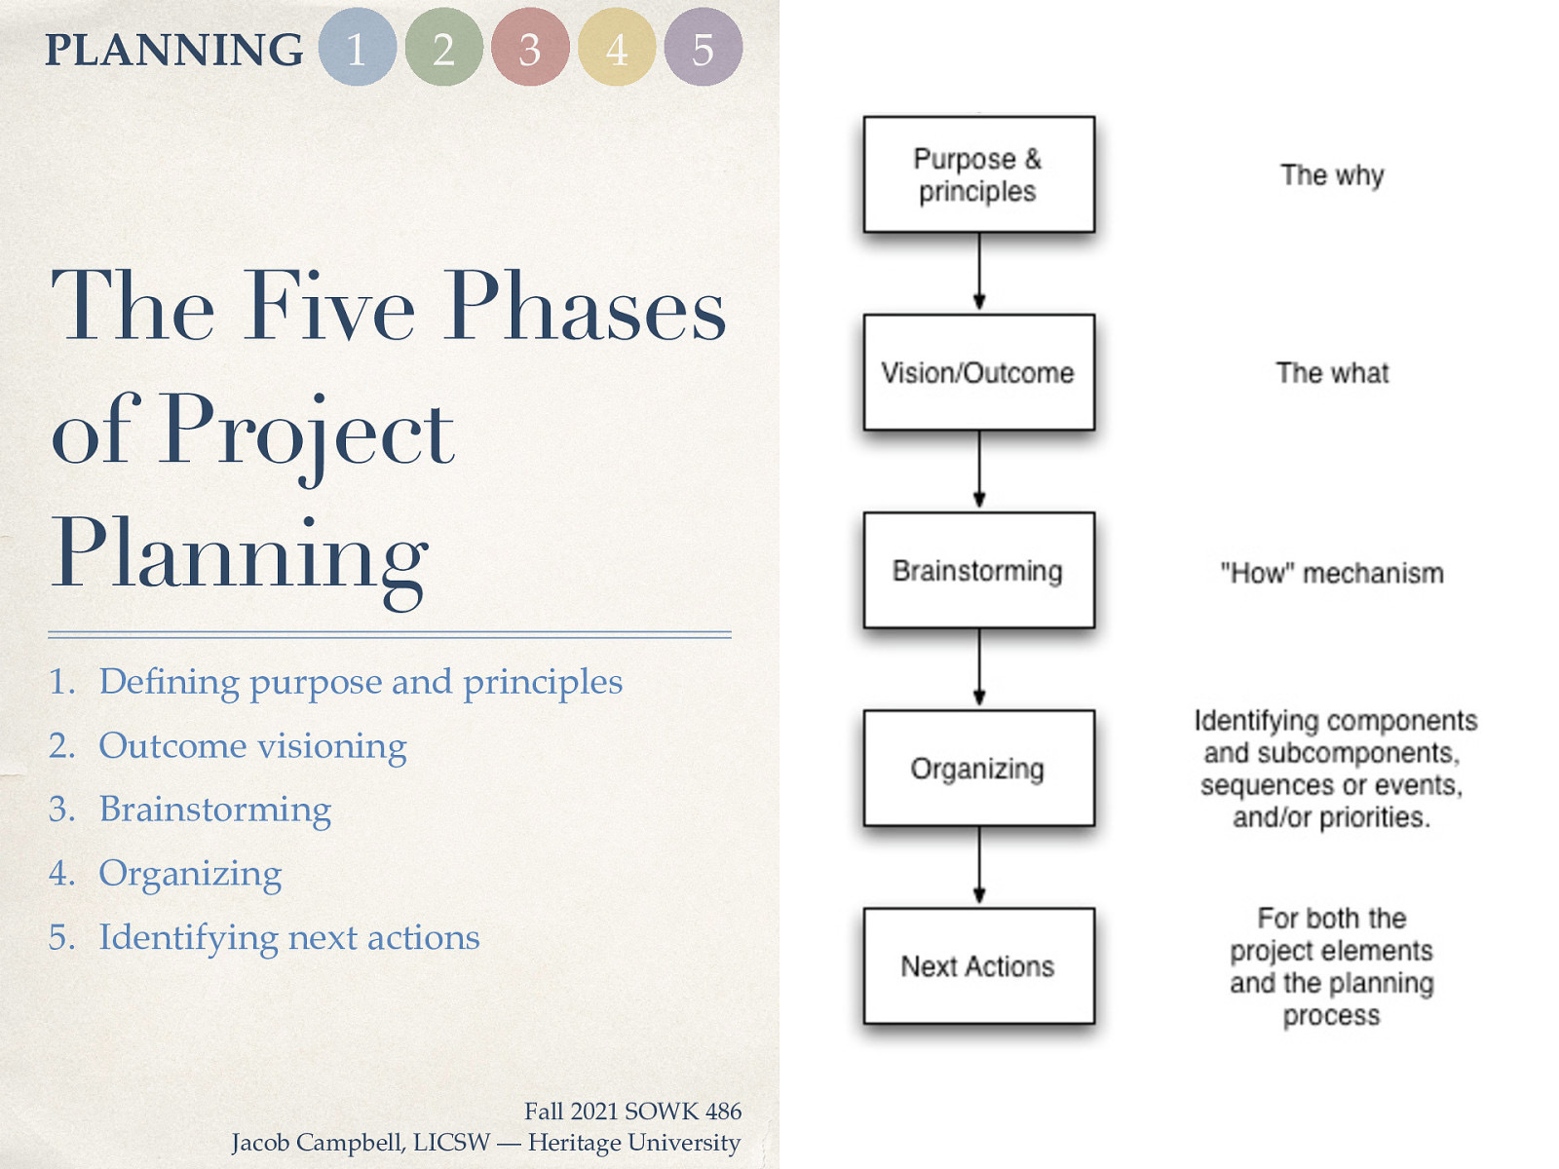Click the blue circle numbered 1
357,48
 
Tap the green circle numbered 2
443,48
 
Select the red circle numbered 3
530,48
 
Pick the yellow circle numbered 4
616,48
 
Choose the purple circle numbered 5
703,48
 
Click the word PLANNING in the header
173,50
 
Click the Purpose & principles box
978,174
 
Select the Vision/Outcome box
978,372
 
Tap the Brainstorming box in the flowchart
978,570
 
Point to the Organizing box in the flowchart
978,769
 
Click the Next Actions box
978,966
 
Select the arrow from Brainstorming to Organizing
979,668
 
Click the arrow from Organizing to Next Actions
979,866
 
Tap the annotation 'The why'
1332,175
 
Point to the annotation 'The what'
1332,373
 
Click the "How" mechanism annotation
1332,573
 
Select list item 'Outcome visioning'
252,746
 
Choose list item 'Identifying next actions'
288,937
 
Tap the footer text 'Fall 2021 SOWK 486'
632,1112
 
